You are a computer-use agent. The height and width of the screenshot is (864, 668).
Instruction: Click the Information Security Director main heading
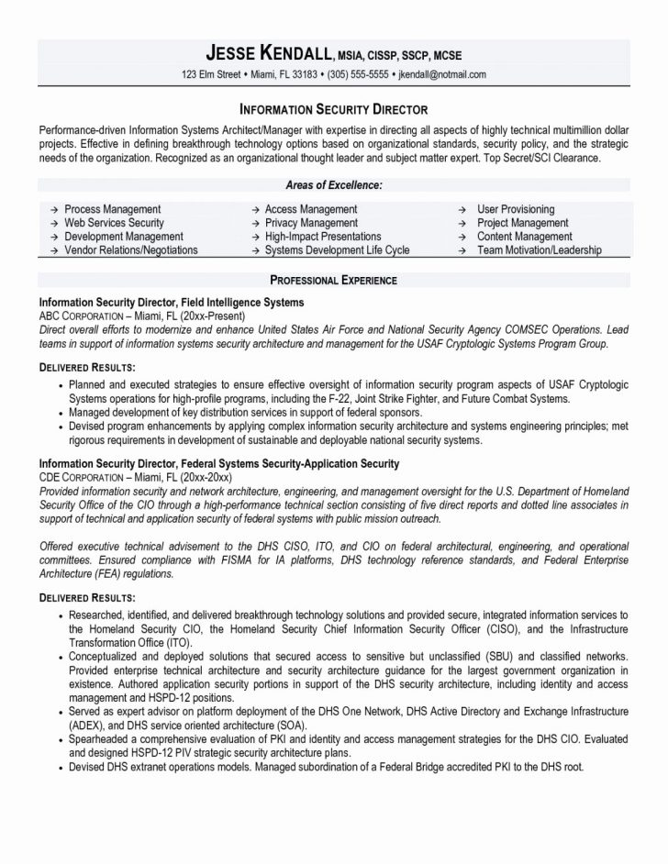[x=333, y=107]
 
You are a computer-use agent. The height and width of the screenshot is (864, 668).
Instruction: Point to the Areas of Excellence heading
[x=333, y=185]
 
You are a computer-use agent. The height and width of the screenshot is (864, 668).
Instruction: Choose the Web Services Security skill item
[x=114, y=223]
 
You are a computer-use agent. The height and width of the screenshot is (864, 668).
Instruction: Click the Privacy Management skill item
[x=311, y=223]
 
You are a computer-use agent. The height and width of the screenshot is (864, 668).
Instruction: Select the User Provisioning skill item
[x=516, y=210]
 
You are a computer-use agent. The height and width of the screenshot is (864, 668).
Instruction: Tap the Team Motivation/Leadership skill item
[x=540, y=249]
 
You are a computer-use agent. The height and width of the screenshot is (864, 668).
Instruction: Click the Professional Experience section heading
[x=333, y=279]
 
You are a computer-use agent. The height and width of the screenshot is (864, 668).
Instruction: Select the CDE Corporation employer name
[x=80, y=478]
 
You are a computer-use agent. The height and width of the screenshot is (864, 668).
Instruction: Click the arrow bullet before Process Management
[x=53, y=210]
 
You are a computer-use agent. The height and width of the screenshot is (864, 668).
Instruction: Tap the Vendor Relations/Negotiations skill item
[x=130, y=249]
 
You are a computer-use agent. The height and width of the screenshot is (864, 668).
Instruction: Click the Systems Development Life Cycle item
[x=337, y=249]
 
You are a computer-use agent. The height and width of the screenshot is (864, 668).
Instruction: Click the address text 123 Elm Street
[x=212, y=74]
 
